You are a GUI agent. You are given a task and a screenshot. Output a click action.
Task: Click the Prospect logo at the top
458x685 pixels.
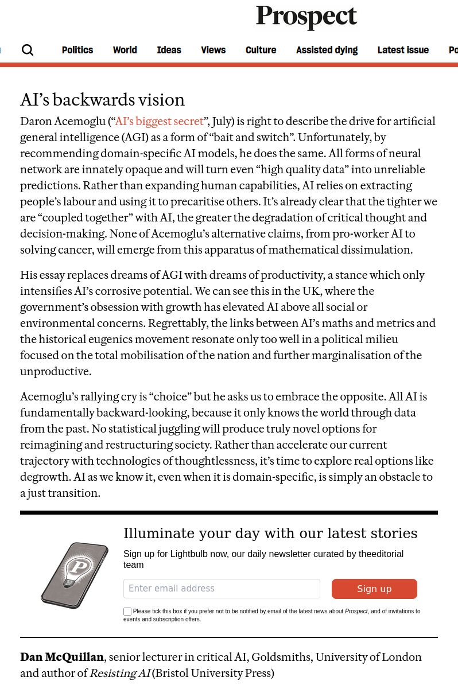pyautogui.click(x=306, y=17)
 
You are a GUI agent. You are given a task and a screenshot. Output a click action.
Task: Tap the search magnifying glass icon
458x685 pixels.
pyautogui.click(x=28, y=50)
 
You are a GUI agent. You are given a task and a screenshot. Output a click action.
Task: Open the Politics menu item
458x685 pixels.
pyautogui.click(x=77, y=50)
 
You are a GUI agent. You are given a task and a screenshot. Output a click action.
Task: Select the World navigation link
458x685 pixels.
pyautogui.click(x=125, y=50)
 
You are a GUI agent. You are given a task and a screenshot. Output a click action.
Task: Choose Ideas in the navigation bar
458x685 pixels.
pyautogui.click(x=169, y=50)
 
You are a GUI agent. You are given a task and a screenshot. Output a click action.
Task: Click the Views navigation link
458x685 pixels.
pyautogui.click(x=213, y=50)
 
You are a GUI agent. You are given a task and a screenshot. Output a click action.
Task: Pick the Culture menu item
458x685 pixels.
pyautogui.click(x=261, y=50)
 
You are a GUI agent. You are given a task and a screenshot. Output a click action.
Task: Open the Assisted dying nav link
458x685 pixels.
pyautogui.click(x=327, y=50)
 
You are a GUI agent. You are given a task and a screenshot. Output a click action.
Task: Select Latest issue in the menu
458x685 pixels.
pyautogui.click(x=403, y=50)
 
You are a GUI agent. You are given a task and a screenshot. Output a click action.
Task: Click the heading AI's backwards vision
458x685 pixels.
pyautogui.click(x=102, y=100)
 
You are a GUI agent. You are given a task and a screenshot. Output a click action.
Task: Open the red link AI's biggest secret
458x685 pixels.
pyautogui.click(x=160, y=122)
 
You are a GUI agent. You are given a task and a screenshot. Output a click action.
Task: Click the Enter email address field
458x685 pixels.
pyautogui.click(x=222, y=589)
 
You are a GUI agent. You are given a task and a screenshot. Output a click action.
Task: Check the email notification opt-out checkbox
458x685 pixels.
pyautogui.click(x=127, y=612)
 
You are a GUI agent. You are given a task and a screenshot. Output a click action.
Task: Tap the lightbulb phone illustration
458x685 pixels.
pyautogui.click(x=75, y=575)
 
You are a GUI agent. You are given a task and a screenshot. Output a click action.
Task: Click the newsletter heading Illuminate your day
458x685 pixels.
pyautogui.click(x=270, y=534)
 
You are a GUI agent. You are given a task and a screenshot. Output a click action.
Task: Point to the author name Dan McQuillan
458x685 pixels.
pyautogui.click(x=62, y=657)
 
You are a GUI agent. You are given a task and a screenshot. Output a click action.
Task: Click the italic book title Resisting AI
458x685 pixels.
pyautogui.click(x=119, y=674)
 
